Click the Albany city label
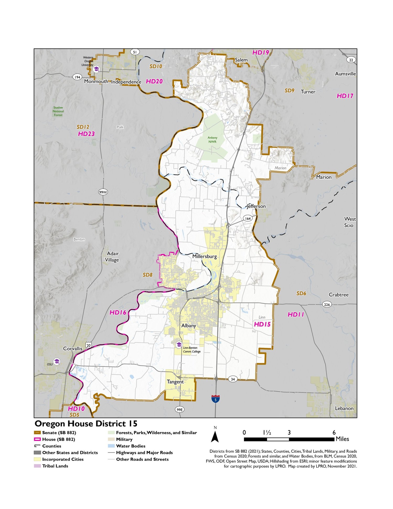(189, 326)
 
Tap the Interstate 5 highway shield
(215, 399)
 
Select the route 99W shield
(103, 192)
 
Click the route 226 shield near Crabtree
(327, 304)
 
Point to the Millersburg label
(204, 256)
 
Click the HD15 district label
(262, 324)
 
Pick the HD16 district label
(118, 313)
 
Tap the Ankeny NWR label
(212, 140)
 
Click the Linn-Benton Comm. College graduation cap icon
(179, 345)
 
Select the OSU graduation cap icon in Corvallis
(57, 361)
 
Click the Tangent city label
(175, 382)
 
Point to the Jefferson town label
(256, 206)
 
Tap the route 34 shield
(233, 379)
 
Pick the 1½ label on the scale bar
(267, 433)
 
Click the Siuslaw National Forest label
(58, 111)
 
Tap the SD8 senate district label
(148, 275)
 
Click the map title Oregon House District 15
(86, 424)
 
